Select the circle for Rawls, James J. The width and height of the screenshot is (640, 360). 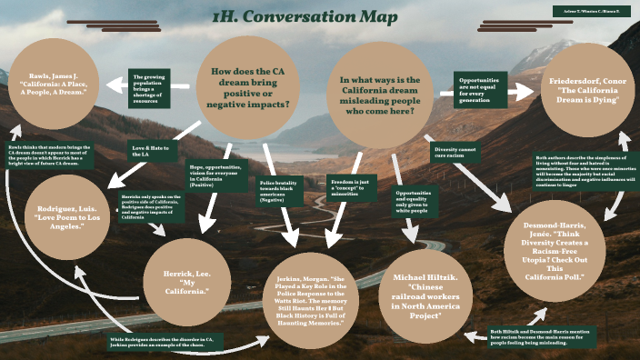[57, 85]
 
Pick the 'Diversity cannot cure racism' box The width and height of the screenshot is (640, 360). [457, 151]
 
